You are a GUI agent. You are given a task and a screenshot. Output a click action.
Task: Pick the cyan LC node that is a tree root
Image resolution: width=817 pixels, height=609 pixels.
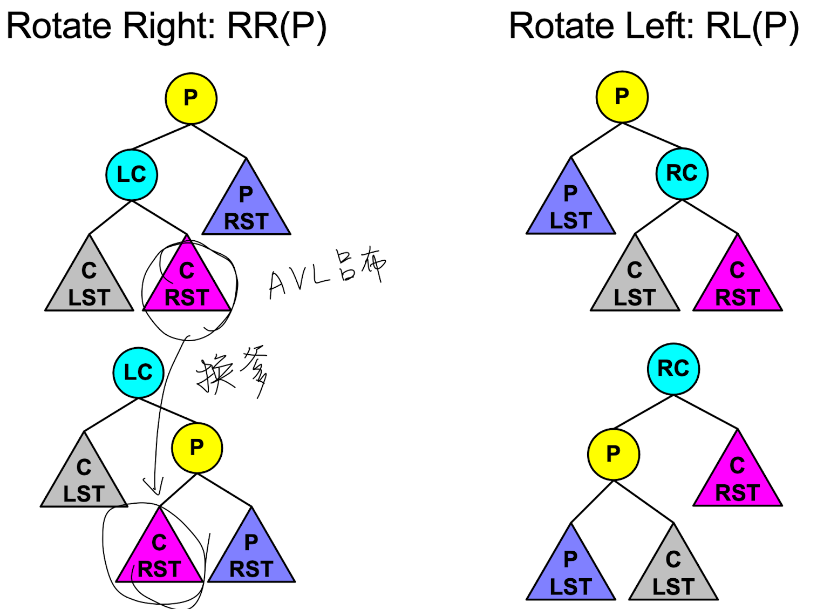tap(139, 373)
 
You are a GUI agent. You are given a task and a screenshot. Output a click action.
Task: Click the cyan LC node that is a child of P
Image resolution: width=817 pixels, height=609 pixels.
tap(132, 174)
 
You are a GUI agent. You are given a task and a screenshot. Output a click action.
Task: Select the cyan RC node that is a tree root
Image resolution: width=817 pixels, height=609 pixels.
tap(673, 369)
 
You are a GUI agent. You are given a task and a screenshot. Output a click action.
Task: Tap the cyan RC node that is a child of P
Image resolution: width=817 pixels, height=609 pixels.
tap(682, 173)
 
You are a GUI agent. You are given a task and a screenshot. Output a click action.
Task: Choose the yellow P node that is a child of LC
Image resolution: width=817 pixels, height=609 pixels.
tap(197, 447)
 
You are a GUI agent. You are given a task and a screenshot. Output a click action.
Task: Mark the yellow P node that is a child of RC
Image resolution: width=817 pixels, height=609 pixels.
tap(614, 454)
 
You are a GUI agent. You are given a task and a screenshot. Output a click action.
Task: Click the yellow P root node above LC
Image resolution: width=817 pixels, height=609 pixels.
tap(191, 98)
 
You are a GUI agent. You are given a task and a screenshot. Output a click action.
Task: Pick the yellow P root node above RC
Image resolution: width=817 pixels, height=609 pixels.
tap(622, 97)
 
